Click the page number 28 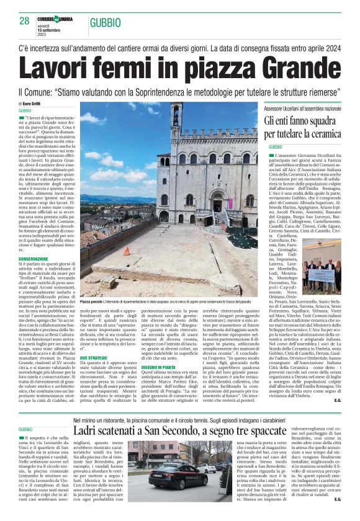(x=25, y=21)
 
